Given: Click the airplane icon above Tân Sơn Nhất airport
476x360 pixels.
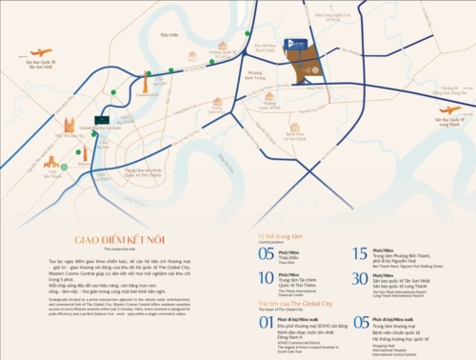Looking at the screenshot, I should pyautogui.click(x=41, y=53).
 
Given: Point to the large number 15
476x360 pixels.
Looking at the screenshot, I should pyautogui.click(x=359, y=253).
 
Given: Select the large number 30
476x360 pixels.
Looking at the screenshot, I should pyautogui.click(x=359, y=279).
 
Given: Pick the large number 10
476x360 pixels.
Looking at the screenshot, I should pyautogui.click(x=266, y=279).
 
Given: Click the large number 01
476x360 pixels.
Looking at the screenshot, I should pyautogui.click(x=266, y=322).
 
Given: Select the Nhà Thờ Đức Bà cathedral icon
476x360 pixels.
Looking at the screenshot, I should pyautogui.click(x=69, y=125).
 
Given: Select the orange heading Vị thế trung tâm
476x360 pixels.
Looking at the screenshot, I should pyautogui.click(x=276, y=235).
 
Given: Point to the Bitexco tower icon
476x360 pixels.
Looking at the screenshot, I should pyautogui.click(x=84, y=151).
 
